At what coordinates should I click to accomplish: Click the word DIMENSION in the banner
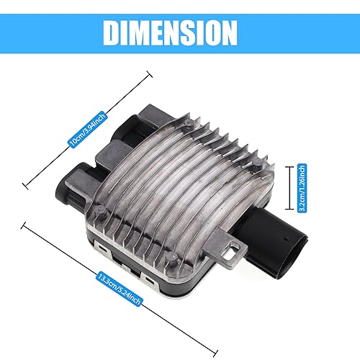coord(170,33)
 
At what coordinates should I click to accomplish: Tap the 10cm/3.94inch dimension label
coord(87,130)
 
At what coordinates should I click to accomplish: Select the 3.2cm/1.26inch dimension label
coord(302,188)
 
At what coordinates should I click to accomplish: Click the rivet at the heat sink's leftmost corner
coord(99,210)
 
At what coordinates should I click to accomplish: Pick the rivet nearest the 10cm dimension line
coord(188,123)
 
